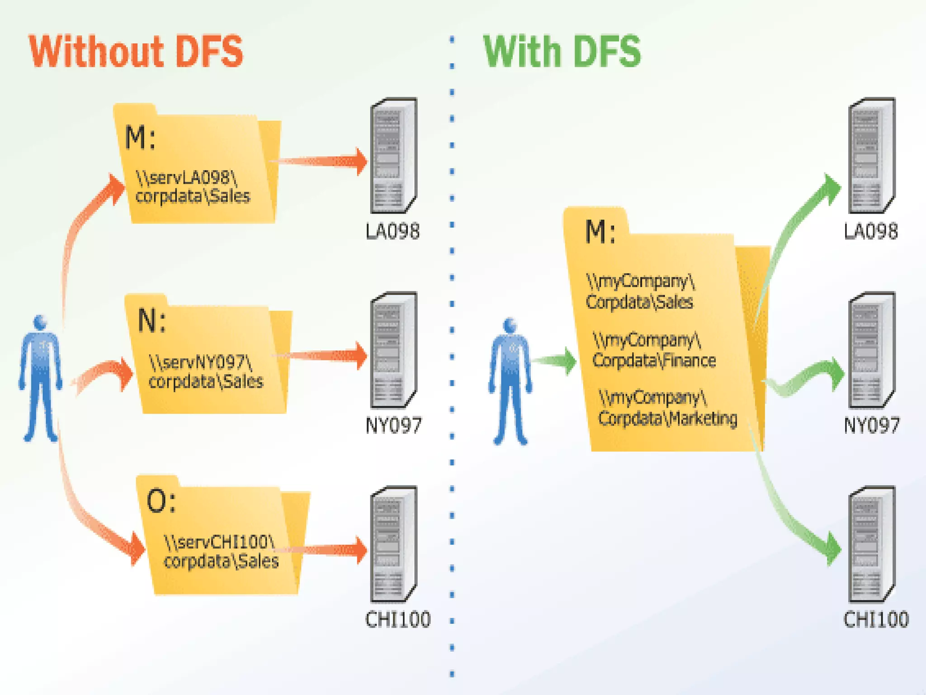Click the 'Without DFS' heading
pos(136,52)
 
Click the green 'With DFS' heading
pos(562,52)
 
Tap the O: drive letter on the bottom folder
pos(161,501)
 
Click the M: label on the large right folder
pos(600,232)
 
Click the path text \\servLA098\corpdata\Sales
pos(192,187)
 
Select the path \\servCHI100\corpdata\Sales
pos(221,552)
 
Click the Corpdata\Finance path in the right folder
pos(653,351)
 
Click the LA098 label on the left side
pos(392,232)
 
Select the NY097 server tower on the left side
pos(393,350)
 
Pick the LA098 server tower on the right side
pos(871,156)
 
